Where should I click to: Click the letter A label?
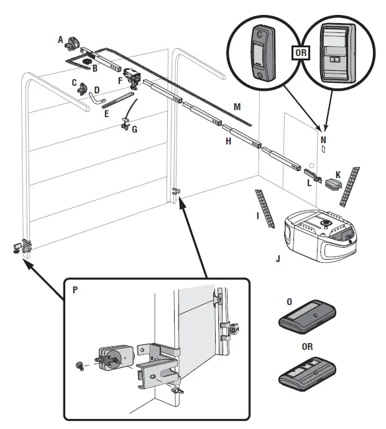[x=61, y=39]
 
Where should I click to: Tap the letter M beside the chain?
[x=237, y=106]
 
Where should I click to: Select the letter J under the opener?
[x=278, y=257]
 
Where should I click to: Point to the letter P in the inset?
[x=75, y=290]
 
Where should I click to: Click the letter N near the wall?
[x=323, y=132]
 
